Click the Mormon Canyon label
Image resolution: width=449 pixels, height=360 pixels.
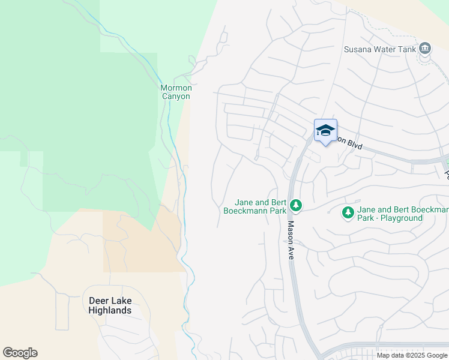pyautogui.click(x=175, y=92)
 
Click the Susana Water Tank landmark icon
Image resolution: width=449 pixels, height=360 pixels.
pyautogui.click(x=426, y=48)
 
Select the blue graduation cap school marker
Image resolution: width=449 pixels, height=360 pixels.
pyautogui.click(x=325, y=131)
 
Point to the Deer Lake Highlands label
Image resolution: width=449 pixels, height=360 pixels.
pyautogui.click(x=110, y=305)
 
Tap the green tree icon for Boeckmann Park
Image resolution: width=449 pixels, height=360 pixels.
pyautogui.click(x=295, y=206)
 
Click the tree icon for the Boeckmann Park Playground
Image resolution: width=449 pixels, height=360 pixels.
pyautogui.click(x=348, y=212)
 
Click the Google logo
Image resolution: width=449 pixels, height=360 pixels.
pyautogui.click(x=20, y=353)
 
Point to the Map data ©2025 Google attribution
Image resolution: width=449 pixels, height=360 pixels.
pyautogui.click(x=411, y=355)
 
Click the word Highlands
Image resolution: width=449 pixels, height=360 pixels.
pyautogui.click(x=110, y=310)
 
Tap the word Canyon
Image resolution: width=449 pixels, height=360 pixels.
pyautogui.click(x=175, y=96)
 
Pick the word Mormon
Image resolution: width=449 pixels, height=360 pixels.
pyautogui.click(x=175, y=88)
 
